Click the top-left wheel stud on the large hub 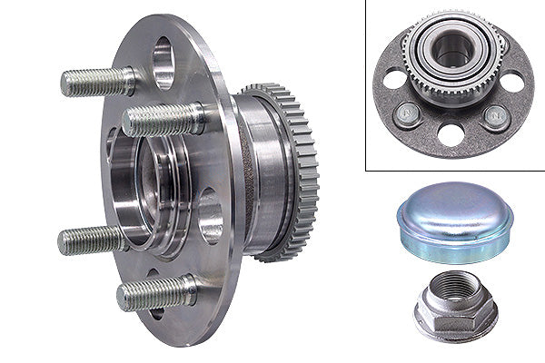pos(95,82)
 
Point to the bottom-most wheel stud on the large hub pos(154,292)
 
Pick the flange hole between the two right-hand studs pos(210,216)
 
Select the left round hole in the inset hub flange pos(394,79)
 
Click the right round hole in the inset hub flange pos(511,83)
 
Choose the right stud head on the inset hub pos(495,115)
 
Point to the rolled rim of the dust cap pos(454,243)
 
